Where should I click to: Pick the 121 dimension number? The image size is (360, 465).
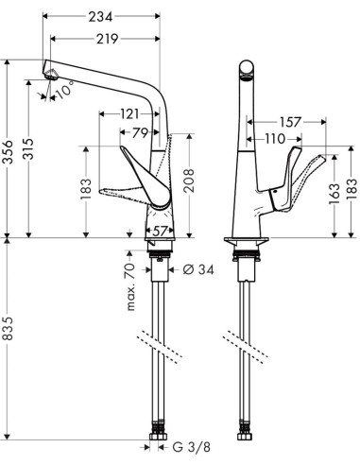pos(130,114)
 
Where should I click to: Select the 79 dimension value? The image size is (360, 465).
pos(141,132)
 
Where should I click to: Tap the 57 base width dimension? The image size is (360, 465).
pos(161,230)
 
